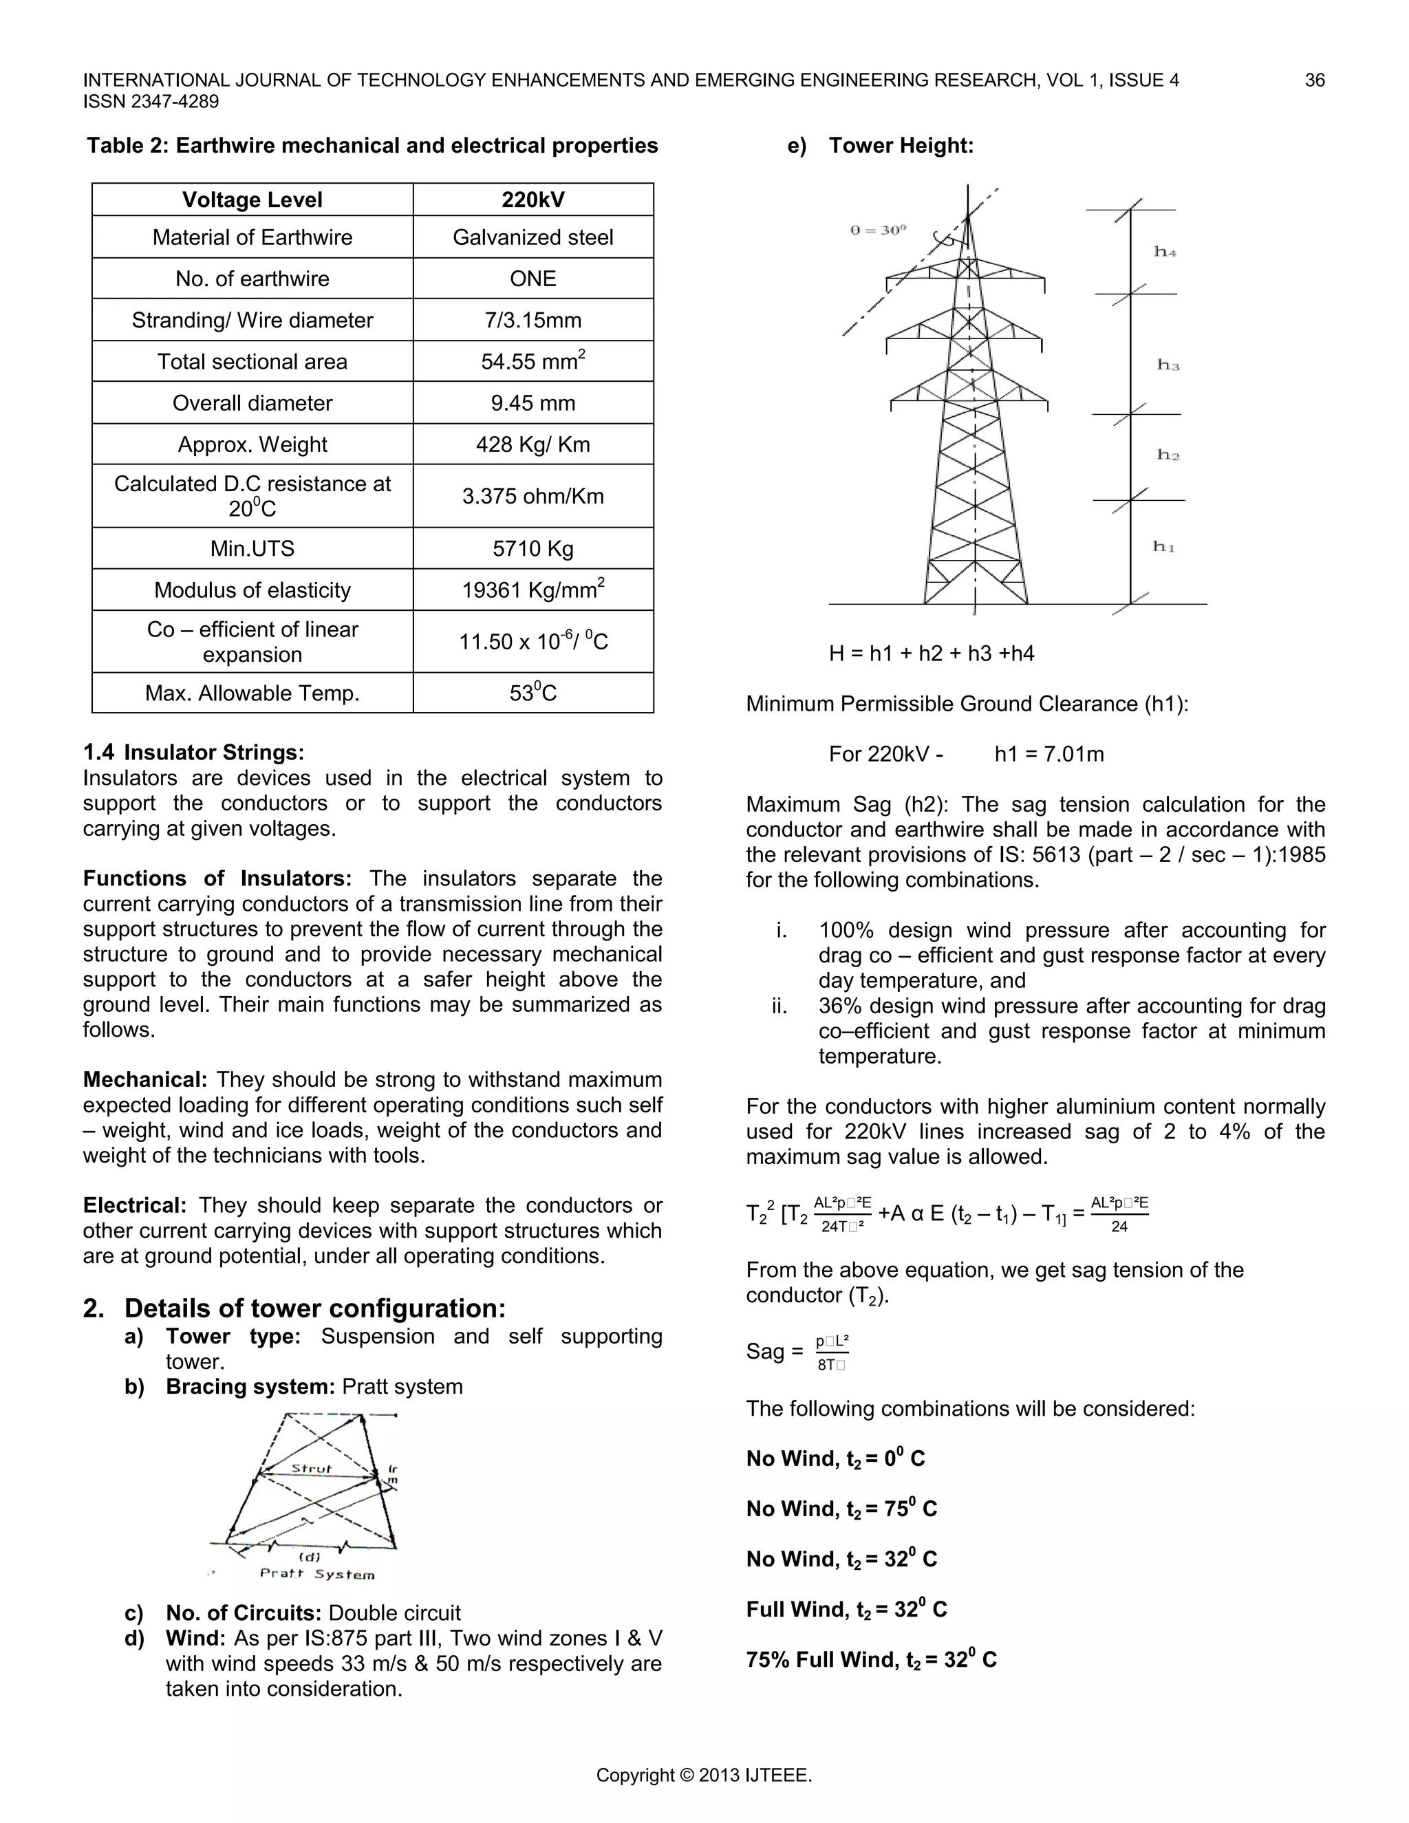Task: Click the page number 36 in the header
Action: tap(1314, 80)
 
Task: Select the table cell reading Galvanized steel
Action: tap(533, 237)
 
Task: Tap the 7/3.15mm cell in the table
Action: tap(533, 320)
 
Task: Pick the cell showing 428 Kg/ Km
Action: tap(533, 444)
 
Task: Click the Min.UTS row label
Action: tap(252, 548)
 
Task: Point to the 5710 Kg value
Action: tap(533, 548)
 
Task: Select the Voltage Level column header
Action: tap(252, 199)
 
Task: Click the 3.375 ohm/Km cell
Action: tap(533, 496)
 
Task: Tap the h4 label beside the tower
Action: tap(1165, 251)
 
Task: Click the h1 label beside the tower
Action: tap(1163, 547)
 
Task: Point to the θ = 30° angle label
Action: tap(878, 230)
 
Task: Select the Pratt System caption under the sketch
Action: tap(317, 1574)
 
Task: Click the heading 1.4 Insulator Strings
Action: tap(193, 752)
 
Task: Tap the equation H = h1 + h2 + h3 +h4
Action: tap(931, 653)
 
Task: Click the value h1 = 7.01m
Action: tap(1048, 754)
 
